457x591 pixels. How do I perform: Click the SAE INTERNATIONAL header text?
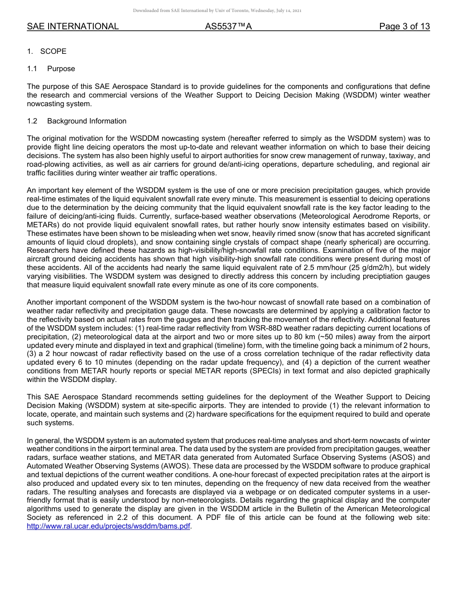coord(73,26)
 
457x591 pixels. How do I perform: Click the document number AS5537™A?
coord(228,26)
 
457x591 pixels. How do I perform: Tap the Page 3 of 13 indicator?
coord(404,26)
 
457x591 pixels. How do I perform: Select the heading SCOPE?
coord(53,51)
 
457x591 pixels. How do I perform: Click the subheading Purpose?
coord(61,69)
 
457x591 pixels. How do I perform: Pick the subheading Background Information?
coord(87,121)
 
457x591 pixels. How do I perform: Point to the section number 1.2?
coord(32,121)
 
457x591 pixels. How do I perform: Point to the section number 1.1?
coord(32,69)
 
